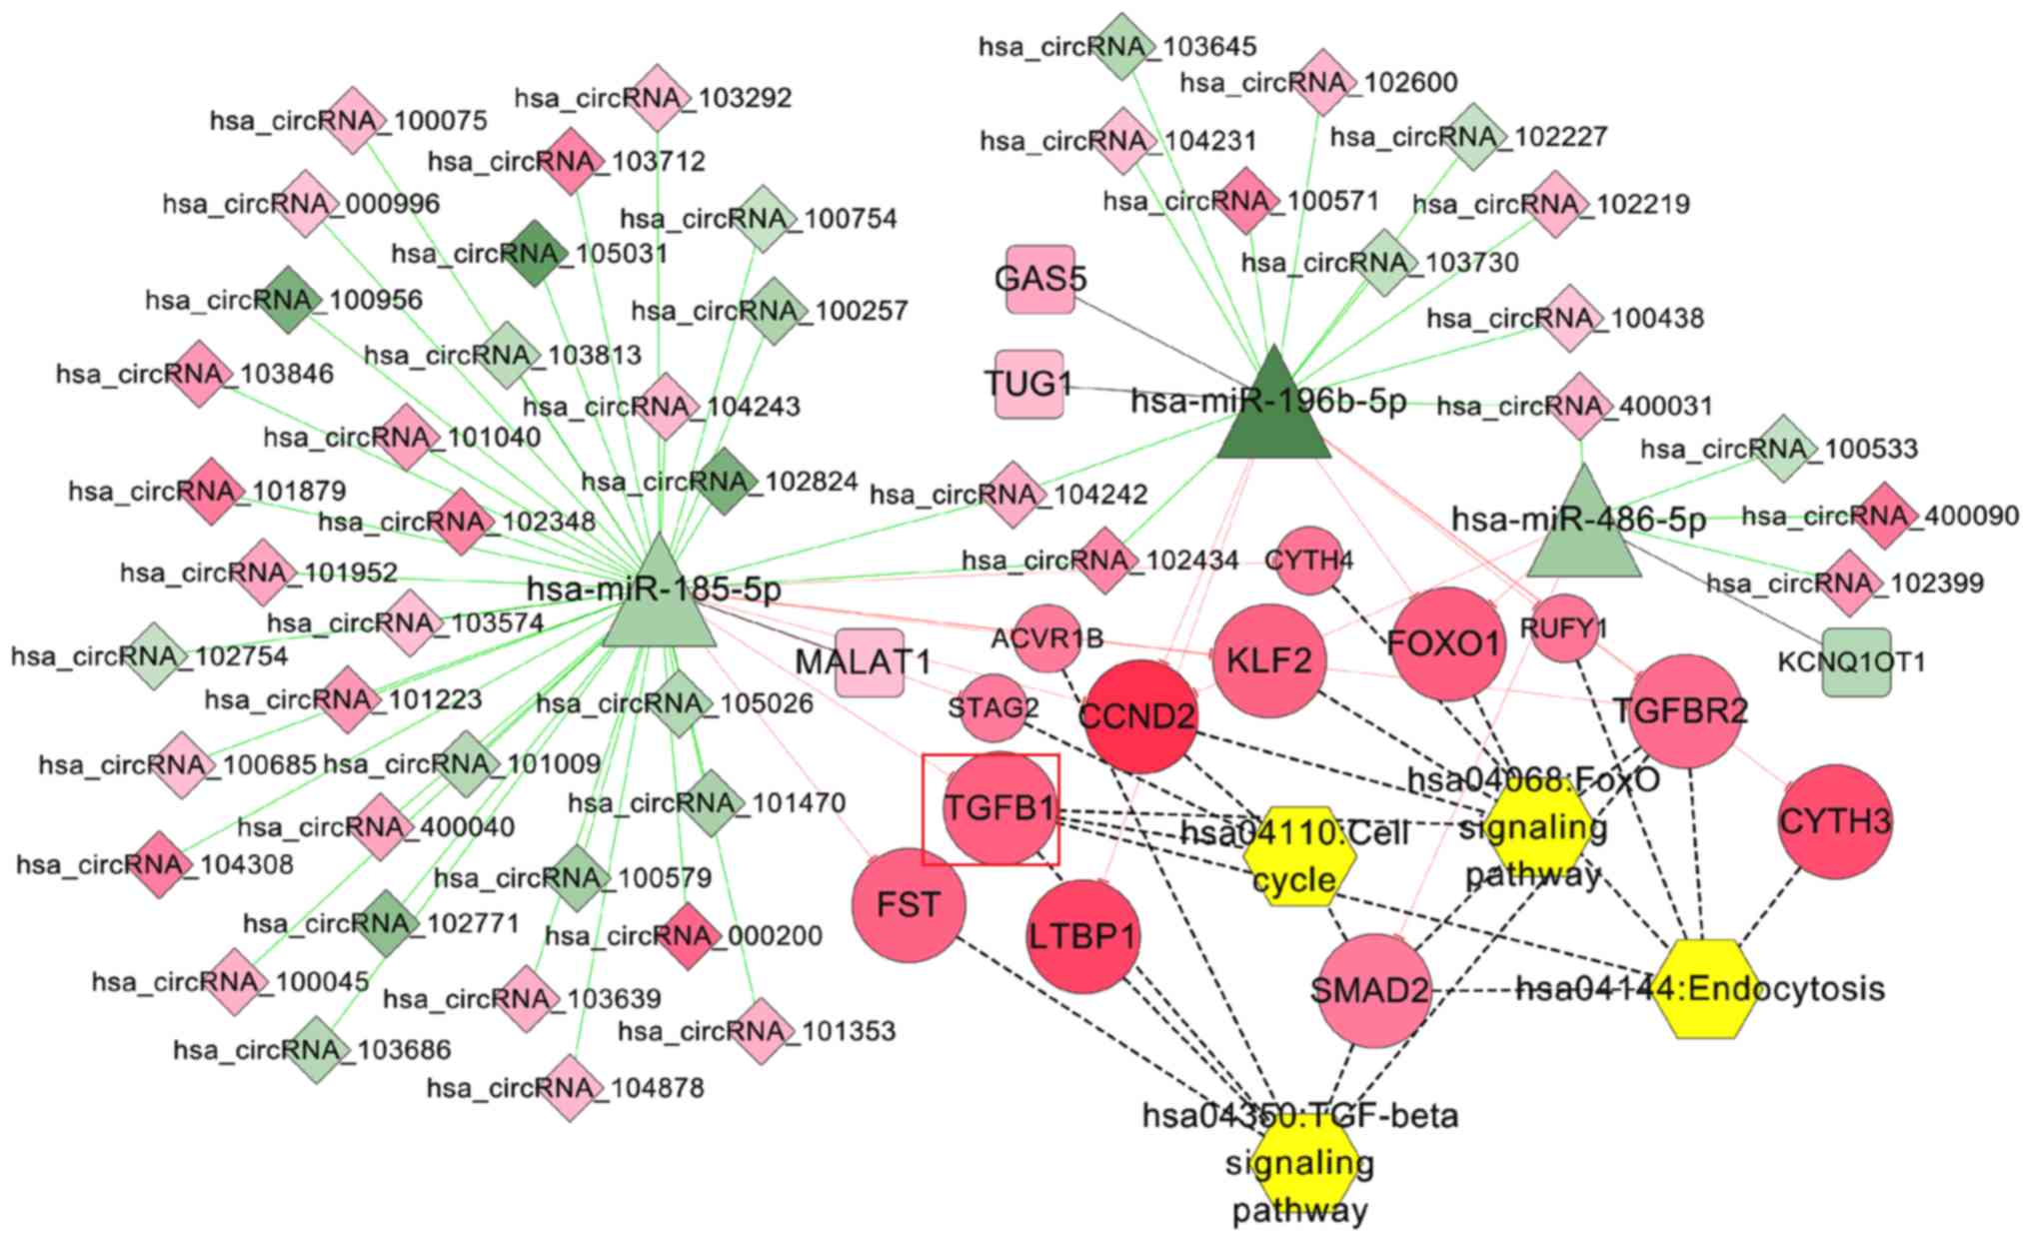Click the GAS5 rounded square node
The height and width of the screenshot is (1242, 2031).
click(1040, 279)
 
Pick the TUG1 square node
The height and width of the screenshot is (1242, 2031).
click(1028, 384)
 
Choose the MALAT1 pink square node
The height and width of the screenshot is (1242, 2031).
click(869, 662)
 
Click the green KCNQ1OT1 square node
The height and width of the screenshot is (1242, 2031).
click(1856, 661)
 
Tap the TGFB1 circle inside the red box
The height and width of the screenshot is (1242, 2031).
click(999, 808)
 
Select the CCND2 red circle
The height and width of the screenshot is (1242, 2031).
click(1137, 716)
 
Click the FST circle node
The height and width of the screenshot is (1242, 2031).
click(909, 904)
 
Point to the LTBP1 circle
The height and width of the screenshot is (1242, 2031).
click(1083, 936)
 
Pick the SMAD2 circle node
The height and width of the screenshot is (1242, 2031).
click(1373, 990)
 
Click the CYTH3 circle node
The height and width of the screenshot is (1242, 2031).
click(1835, 821)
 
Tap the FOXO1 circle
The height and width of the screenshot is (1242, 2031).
click(1446, 643)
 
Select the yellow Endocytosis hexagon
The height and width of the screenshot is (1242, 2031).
click(1705, 989)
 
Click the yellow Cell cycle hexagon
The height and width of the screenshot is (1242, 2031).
click(1298, 855)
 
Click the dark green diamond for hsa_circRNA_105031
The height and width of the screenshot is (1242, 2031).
click(535, 254)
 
